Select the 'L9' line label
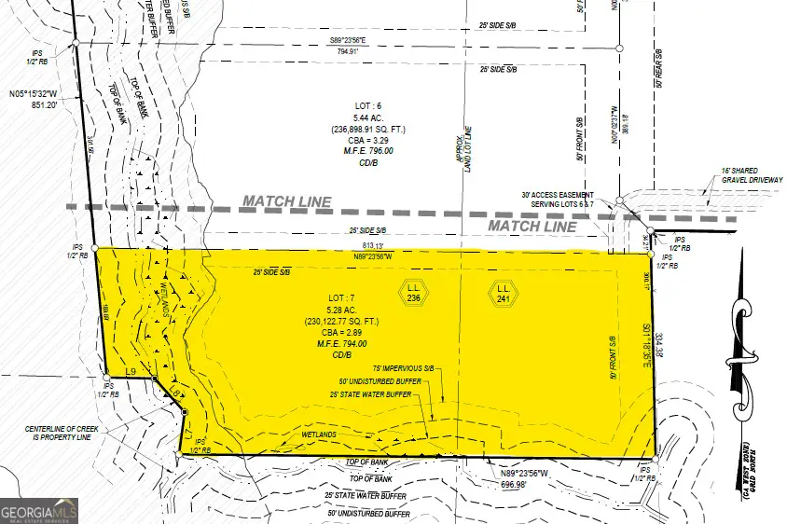131,373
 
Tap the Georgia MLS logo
39,511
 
